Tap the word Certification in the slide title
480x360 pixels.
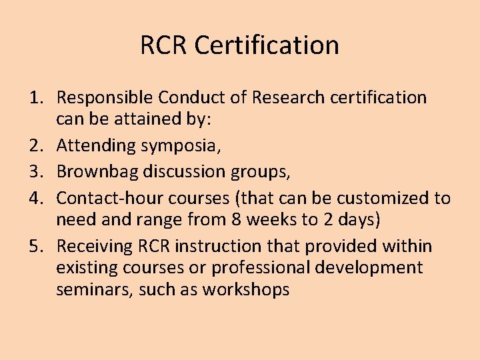(267, 45)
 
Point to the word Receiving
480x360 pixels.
(93, 247)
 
